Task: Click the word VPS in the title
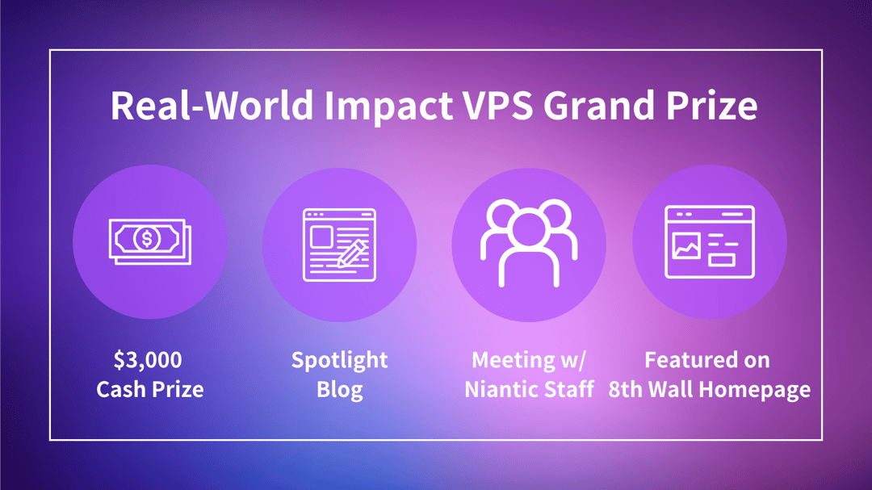point(498,105)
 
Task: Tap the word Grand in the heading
point(599,105)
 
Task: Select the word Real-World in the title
point(212,105)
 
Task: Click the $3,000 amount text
point(148,360)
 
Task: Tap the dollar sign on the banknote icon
point(148,239)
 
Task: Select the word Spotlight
point(340,361)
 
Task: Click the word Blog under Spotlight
point(340,390)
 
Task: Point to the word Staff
point(568,389)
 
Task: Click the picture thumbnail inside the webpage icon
point(686,246)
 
